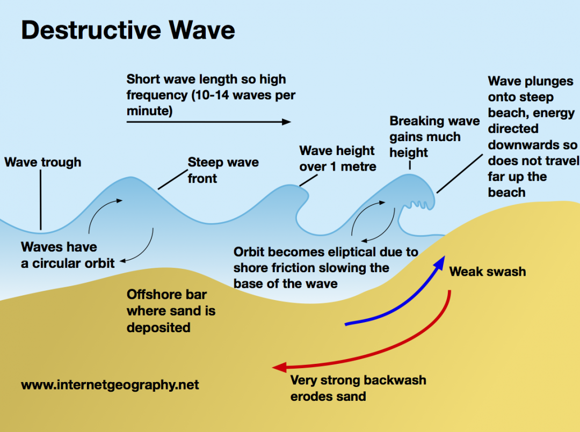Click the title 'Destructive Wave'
pos(128,30)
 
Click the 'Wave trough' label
pos(43,162)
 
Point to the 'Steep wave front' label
pos(223,170)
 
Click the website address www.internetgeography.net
pos(110,385)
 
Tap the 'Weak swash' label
pos(487,272)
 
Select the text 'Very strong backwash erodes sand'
pos(358,389)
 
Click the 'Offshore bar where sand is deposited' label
pos(171,311)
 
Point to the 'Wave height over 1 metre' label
pos(338,158)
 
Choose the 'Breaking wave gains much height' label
pos(434,137)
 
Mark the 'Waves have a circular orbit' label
pos(68,255)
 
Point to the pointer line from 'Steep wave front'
pos(171,181)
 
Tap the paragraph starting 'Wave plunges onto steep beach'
pos(532,136)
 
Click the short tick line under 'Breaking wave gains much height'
pos(410,165)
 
